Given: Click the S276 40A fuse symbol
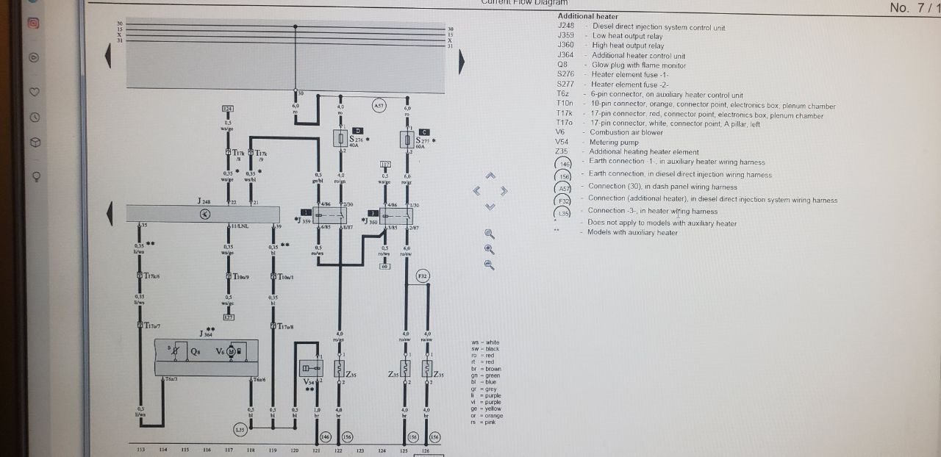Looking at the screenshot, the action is (x=341, y=139).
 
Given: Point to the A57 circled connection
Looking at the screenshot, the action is (x=379, y=106).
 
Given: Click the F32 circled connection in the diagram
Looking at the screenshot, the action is (x=422, y=276).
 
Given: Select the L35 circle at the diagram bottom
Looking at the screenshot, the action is (x=240, y=428).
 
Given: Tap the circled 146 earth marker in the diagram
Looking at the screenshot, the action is (x=326, y=436).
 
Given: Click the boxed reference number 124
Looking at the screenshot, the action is (x=228, y=109).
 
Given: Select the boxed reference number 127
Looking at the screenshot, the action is (x=229, y=317).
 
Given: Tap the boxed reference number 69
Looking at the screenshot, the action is (x=384, y=267).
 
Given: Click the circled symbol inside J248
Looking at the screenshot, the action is (x=205, y=214).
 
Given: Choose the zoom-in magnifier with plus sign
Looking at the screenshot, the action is (x=490, y=249).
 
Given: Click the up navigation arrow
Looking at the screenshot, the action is (x=491, y=176).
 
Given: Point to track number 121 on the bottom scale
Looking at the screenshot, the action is (x=316, y=450).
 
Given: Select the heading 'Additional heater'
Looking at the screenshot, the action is (x=587, y=16).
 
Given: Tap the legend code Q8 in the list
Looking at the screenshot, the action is (x=562, y=65).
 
